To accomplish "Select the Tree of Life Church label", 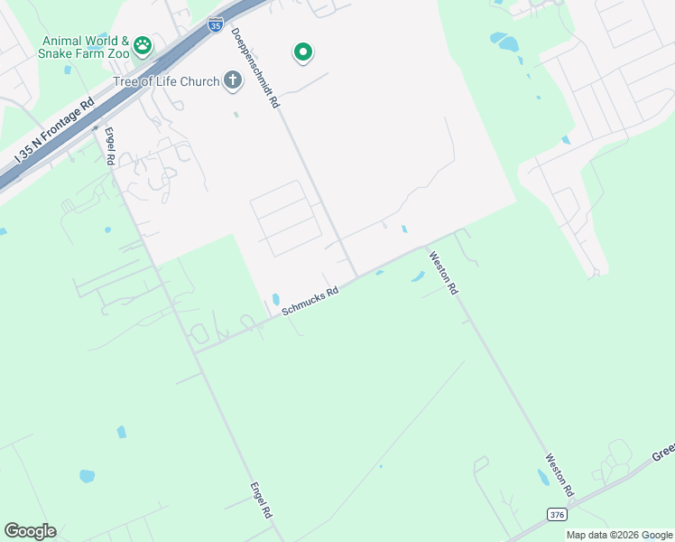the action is coord(166,82).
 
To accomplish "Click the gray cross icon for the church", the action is coord(232,81).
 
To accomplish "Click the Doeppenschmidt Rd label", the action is coord(255,68).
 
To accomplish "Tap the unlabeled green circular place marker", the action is coord(303,53).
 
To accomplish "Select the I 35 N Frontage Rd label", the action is coord(54,131).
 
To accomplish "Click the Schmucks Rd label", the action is coord(310,301).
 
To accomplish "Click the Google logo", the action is coord(30,531).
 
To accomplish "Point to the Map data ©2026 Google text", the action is coord(619,535).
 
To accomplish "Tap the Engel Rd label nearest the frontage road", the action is coord(109,145).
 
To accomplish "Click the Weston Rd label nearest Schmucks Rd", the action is coord(444,273).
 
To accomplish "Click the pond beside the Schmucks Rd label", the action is coord(275,299).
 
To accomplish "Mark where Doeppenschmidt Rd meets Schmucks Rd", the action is coord(356,276).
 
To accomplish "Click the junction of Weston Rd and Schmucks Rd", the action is coord(426,246).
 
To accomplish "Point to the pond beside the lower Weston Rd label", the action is coord(542,480).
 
